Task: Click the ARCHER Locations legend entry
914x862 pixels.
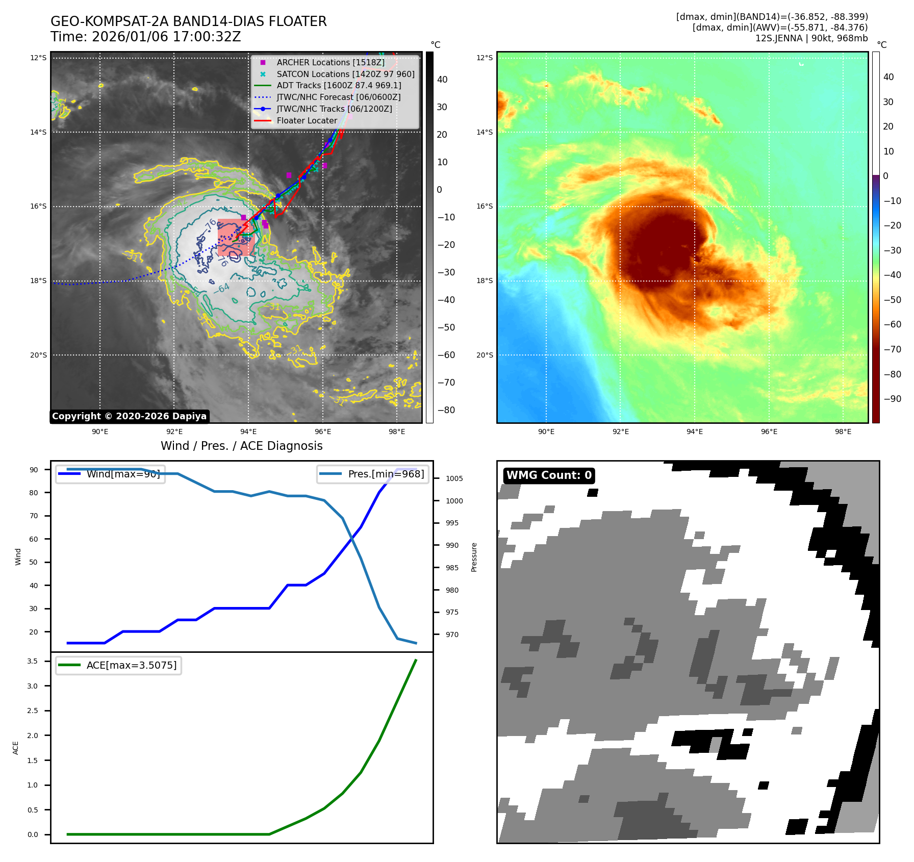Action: (x=331, y=62)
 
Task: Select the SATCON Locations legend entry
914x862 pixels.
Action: (x=345, y=74)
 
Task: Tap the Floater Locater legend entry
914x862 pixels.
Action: (x=307, y=120)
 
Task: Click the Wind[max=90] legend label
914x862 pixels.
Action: (x=123, y=474)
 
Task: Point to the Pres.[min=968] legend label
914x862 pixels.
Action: (x=386, y=474)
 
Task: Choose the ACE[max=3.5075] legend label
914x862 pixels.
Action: (x=131, y=665)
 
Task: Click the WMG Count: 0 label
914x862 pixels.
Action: (x=549, y=475)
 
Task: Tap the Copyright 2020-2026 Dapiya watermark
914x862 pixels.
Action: (x=129, y=416)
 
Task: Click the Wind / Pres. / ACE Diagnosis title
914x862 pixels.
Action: (x=241, y=446)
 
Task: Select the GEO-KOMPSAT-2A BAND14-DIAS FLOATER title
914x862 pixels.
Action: (x=188, y=21)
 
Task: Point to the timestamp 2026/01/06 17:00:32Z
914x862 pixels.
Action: (x=166, y=37)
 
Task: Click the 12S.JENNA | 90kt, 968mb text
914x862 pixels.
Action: (x=811, y=38)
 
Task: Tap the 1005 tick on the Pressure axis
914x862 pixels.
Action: (x=454, y=478)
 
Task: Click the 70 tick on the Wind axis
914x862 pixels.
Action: (x=34, y=516)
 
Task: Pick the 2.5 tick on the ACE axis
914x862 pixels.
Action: (x=33, y=711)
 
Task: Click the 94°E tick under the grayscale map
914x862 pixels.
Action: (x=248, y=432)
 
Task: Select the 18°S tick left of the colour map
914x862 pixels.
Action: (x=485, y=281)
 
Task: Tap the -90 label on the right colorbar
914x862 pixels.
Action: (x=892, y=399)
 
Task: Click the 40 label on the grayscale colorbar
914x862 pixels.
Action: (x=442, y=80)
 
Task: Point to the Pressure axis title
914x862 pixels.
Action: (x=474, y=557)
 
